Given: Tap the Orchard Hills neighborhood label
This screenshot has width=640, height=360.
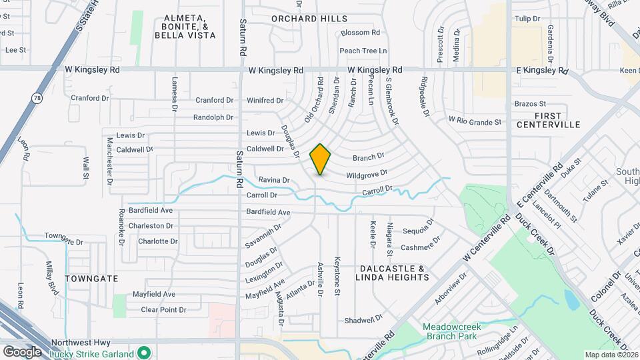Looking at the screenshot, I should [309, 19].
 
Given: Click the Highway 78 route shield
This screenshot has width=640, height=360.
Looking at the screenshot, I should [35, 98].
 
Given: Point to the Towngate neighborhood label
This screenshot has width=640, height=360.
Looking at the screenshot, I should [92, 278].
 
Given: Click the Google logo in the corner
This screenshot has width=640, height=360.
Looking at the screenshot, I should [22, 351].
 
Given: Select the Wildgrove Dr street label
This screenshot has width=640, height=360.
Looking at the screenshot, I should [367, 175].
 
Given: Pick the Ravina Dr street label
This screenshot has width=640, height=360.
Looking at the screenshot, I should [274, 180].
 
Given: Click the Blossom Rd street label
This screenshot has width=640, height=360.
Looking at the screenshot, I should [360, 32].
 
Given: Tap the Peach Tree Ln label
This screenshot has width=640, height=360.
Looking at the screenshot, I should [363, 51].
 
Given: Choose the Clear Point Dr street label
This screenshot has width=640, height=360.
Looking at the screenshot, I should [163, 309].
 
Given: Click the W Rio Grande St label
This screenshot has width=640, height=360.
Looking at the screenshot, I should [475, 122].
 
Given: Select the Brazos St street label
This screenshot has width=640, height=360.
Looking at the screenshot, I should [530, 104].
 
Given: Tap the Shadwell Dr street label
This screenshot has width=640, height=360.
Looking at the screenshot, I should [363, 321].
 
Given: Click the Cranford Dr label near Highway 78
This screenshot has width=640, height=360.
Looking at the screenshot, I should [89, 98].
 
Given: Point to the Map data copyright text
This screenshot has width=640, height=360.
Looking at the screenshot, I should [611, 355].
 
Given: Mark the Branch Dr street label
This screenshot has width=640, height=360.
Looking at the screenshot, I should [369, 157].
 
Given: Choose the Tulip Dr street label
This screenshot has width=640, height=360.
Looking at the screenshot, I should [527, 19].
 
